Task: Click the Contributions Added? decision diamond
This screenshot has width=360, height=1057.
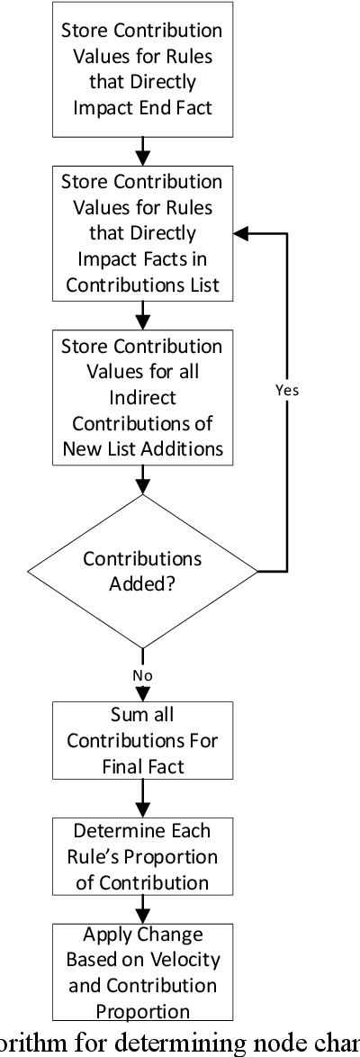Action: click(x=142, y=570)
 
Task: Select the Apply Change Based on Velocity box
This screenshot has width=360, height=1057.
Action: click(x=142, y=974)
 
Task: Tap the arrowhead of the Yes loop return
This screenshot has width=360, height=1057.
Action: click(x=238, y=232)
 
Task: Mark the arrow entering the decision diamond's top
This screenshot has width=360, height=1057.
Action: click(x=142, y=484)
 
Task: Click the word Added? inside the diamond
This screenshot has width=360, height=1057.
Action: click(x=142, y=583)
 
